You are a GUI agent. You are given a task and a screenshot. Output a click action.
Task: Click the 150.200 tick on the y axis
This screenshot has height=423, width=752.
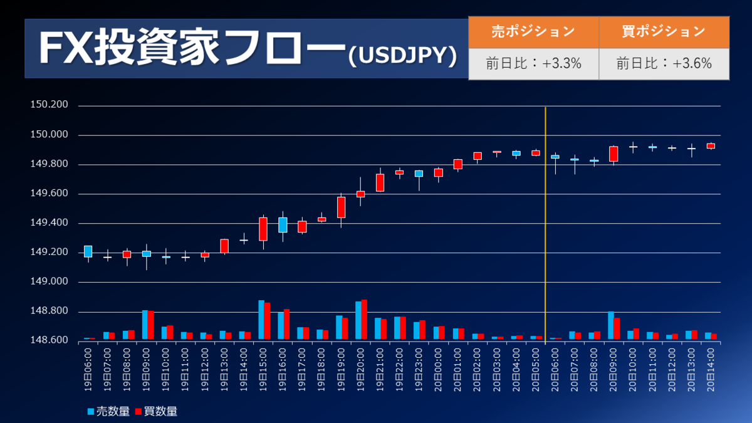pyautogui.click(x=50, y=105)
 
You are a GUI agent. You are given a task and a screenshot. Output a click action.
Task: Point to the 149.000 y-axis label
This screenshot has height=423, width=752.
pyautogui.click(x=50, y=282)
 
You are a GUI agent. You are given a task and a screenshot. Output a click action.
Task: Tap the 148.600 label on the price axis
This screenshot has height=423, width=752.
pyautogui.click(x=50, y=341)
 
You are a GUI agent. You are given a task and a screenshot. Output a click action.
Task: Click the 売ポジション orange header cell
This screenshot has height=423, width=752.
pyautogui.click(x=533, y=31)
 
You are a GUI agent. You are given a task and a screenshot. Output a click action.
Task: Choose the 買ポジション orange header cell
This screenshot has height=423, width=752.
pyautogui.click(x=664, y=31)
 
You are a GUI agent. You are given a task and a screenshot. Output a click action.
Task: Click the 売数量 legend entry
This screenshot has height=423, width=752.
pyautogui.click(x=108, y=411)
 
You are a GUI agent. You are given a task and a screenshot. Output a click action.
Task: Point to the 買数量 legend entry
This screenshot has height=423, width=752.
pyautogui.click(x=156, y=411)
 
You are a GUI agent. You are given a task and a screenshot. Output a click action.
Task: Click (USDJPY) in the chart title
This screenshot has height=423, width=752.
pyautogui.click(x=401, y=56)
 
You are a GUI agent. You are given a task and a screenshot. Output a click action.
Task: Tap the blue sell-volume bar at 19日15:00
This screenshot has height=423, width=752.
pyautogui.click(x=261, y=320)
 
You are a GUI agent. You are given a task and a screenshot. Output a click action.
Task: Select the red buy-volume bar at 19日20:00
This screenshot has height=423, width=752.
pyautogui.click(x=364, y=320)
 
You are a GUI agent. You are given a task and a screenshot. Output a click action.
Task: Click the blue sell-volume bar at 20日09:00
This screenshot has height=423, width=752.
pyautogui.click(x=610, y=325)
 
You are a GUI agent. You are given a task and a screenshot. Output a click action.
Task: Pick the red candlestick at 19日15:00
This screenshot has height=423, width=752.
pyautogui.click(x=263, y=229)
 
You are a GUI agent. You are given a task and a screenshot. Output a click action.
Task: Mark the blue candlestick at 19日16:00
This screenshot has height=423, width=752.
pyautogui.click(x=283, y=224)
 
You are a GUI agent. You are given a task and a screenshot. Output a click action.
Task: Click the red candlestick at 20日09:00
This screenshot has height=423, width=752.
pyautogui.click(x=614, y=154)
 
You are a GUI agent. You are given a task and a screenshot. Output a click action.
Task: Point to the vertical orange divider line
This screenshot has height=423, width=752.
pyautogui.click(x=546, y=219)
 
